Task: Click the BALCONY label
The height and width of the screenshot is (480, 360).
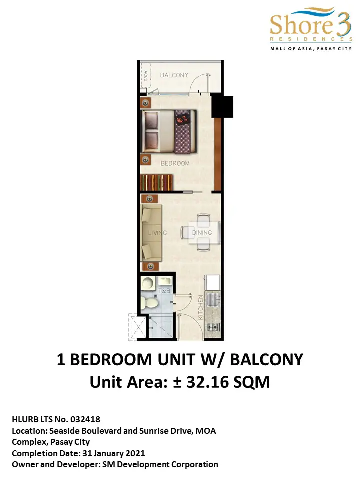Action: click(174, 75)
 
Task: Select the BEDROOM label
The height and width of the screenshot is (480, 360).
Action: click(175, 164)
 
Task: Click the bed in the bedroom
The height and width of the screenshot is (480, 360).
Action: click(168, 131)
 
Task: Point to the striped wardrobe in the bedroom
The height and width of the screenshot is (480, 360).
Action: click(157, 183)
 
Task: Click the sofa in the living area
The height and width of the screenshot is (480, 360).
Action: click(151, 233)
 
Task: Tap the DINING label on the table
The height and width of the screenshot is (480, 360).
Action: click(202, 233)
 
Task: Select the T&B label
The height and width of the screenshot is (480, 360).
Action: click(164, 291)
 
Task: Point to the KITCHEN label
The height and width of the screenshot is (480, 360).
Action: click(201, 307)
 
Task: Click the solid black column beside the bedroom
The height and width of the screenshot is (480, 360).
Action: click(222, 106)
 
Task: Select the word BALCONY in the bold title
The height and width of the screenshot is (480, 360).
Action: click(266, 359)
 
